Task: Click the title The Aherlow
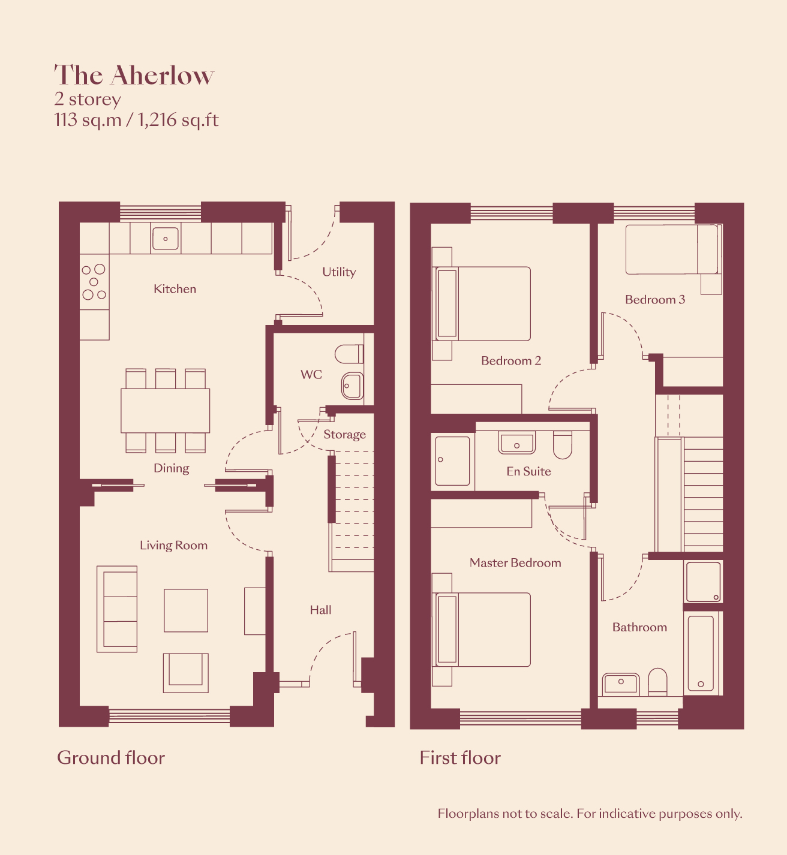point(134,76)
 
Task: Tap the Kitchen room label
point(175,289)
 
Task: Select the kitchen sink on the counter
point(166,239)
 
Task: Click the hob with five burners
point(94,282)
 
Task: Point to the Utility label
point(339,272)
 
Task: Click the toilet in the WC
point(349,354)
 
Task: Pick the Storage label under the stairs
point(345,434)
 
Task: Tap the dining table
point(165,411)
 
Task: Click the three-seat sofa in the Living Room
point(117,609)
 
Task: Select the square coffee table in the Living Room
point(186,610)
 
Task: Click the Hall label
point(320,610)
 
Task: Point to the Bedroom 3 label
point(655,300)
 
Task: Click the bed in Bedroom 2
point(482,304)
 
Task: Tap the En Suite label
point(528,471)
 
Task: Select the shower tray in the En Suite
point(452,460)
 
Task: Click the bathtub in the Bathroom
point(701,654)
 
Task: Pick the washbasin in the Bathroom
point(621,684)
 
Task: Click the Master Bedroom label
point(515,563)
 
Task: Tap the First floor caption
point(460,758)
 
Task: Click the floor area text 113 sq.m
point(88,120)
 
